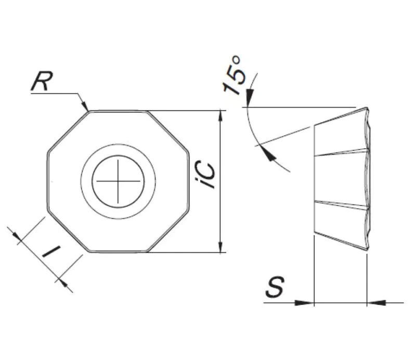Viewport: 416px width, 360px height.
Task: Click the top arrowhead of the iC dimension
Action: click(x=222, y=115)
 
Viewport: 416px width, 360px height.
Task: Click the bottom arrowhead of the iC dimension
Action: click(x=222, y=247)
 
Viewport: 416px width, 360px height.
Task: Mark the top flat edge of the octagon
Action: click(x=118, y=110)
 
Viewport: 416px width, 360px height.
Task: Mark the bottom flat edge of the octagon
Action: click(x=118, y=252)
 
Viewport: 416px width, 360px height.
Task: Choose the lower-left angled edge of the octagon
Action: click(x=67, y=233)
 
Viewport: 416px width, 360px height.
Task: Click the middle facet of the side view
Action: click(x=341, y=177)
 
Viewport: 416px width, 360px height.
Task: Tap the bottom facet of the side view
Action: click(x=341, y=224)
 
